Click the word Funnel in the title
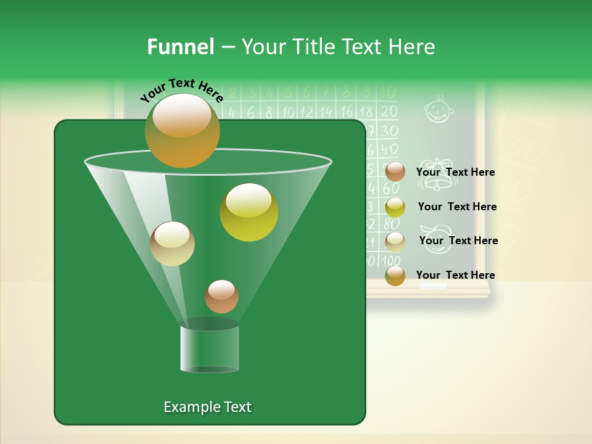[x=180, y=47]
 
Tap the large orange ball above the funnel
[x=182, y=131]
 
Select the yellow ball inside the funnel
[x=249, y=212]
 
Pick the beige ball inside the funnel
[x=172, y=244]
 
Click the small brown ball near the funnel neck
[x=221, y=297]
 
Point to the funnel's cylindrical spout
[x=210, y=348]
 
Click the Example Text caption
[x=207, y=407]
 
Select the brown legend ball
[x=395, y=172]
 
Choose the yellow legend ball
[x=395, y=207]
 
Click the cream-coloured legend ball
[x=395, y=242]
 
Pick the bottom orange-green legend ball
[x=395, y=276]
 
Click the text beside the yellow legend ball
[x=457, y=207]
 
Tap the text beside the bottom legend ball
[x=455, y=275]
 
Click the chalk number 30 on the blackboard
[x=388, y=131]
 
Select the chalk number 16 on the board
[x=347, y=112]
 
